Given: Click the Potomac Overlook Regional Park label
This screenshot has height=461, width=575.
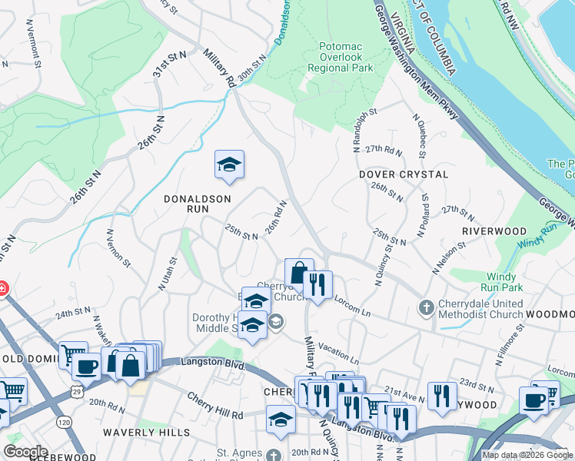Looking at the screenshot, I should [x=346, y=58].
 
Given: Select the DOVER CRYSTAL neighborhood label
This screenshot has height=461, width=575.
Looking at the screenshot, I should [x=404, y=174].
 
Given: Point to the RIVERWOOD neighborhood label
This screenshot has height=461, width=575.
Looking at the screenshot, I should [x=494, y=230].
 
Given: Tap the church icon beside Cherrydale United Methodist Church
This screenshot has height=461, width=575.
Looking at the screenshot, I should [x=427, y=308].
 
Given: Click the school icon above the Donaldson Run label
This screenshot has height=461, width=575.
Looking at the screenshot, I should [x=229, y=165].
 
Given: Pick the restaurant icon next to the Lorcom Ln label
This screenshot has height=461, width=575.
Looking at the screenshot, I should [x=317, y=284].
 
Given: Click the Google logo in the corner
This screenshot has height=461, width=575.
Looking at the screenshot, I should [x=26, y=452].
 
